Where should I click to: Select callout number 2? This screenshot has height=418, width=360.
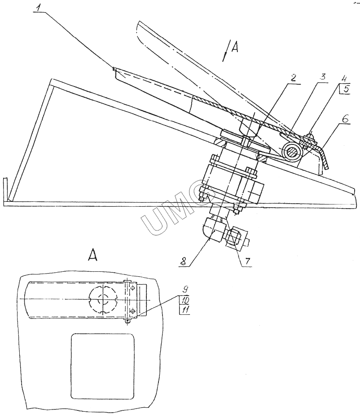293,78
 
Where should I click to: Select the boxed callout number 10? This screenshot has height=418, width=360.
184,300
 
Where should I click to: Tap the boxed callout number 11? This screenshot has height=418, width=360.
184,309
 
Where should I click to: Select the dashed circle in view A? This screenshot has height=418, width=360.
103,299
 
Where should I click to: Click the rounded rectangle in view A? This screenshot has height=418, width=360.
103,366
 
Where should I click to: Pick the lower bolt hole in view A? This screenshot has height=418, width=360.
132,311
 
